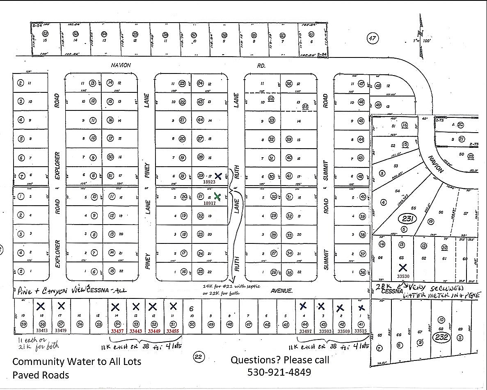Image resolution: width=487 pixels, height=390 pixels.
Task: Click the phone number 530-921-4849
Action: tap(279, 372)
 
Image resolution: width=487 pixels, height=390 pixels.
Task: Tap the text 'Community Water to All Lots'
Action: tap(77, 362)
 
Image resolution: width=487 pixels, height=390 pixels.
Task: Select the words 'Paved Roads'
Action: tap(41, 375)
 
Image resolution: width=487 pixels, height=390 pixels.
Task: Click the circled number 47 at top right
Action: tap(372, 39)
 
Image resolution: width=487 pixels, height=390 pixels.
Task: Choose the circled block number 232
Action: tap(444, 337)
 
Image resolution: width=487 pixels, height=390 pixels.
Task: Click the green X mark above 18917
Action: tap(217, 197)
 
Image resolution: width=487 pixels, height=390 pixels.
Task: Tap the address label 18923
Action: tap(209, 181)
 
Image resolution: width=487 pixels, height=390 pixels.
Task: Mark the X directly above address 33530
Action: tap(403, 268)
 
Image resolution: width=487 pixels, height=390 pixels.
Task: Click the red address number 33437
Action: tap(117, 331)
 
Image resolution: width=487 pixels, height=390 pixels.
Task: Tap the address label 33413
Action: tap(42, 330)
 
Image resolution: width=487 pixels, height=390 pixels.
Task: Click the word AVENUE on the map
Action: tap(281, 291)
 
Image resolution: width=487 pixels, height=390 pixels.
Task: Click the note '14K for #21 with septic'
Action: tap(231, 286)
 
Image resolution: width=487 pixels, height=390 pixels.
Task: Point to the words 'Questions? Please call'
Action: tap(279, 360)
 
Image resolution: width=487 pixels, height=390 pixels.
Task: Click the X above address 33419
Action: tap(61, 305)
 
